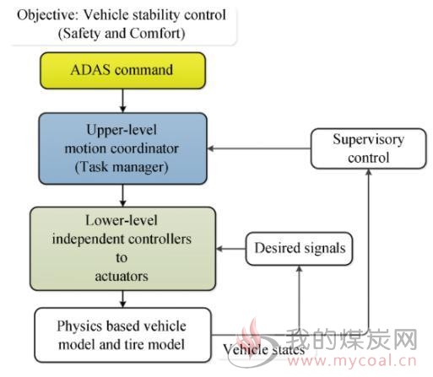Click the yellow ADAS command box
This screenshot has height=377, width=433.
point(122,71)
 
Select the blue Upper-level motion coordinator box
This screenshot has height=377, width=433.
point(123,148)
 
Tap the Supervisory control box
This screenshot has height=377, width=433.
point(368,148)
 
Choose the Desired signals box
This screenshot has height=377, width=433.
point(299,249)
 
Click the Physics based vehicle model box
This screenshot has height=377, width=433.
point(122,335)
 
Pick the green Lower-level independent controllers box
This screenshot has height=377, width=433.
point(122,249)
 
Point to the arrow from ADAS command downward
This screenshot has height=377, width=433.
point(122,101)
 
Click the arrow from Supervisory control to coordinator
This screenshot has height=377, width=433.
point(259,148)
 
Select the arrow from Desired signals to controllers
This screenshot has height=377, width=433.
point(231,249)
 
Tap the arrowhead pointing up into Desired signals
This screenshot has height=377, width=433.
point(300,268)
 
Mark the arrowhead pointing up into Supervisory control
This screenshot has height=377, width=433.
point(368,172)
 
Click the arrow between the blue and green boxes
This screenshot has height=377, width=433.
point(122,196)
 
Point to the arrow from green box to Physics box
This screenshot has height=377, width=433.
point(122,299)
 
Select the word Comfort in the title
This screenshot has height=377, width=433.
point(158,34)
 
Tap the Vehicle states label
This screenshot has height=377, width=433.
point(263,350)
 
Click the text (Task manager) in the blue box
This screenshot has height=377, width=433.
point(122,167)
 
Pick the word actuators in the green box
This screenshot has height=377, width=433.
point(122,277)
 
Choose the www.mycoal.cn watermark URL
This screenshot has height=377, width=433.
point(351,361)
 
